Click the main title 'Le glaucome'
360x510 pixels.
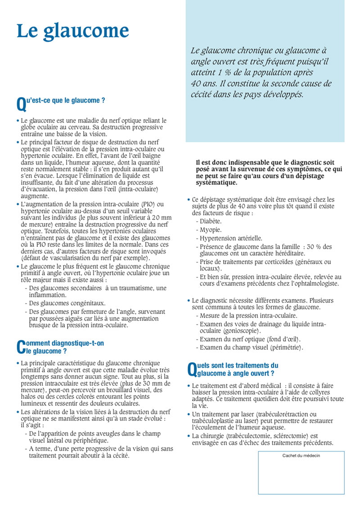tap(73, 31)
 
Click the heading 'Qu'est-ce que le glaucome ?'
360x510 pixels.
tap(61, 101)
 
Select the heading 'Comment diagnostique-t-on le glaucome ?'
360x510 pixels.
tap(61, 347)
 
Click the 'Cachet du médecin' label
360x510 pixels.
tap(301, 456)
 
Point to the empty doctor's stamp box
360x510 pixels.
tap(301, 477)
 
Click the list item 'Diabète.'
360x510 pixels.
tap(211, 221)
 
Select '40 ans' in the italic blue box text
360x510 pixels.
tap(201, 84)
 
